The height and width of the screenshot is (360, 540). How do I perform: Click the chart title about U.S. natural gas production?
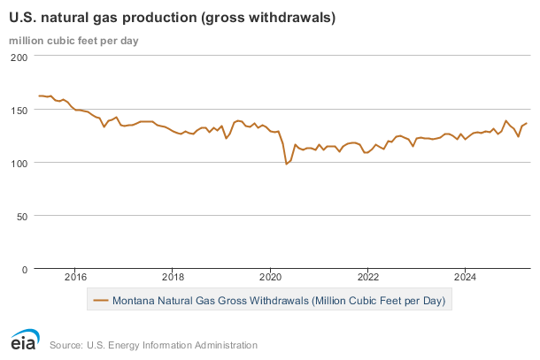(x=166, y=18)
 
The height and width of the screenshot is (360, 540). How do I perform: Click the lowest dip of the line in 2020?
(x=286, y=165)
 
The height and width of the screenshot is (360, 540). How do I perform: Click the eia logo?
(x=24, y=341)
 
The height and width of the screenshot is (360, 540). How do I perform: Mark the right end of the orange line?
(x=527, y=123)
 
